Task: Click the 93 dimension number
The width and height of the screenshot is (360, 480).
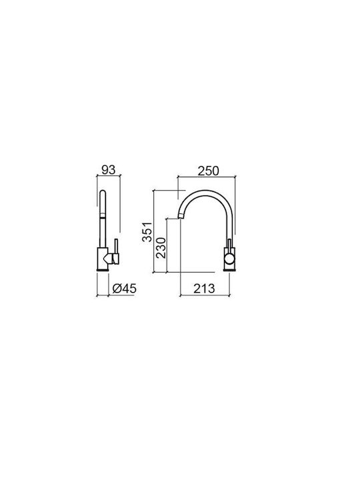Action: pos(109,169)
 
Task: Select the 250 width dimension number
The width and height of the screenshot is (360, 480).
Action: pos(209,171)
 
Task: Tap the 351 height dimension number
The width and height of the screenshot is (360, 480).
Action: pos(147,232)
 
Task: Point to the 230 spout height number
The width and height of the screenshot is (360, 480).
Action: pos(161,247)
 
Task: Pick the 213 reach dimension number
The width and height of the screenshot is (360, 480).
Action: pos(204,289)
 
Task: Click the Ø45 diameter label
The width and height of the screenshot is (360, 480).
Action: pos(124,289)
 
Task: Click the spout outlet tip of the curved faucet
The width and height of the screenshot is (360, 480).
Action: pos(181,217)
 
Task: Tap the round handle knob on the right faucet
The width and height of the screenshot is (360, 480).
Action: pos(229,260)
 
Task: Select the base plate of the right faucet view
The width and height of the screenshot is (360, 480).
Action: pos(229,270)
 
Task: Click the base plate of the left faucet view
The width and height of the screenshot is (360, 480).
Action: pos(103,270)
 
